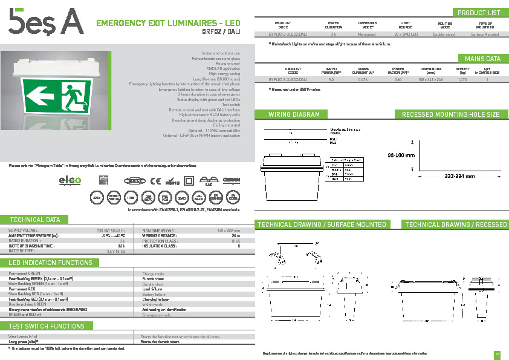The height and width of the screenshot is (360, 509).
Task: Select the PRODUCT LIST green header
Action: pos(479,13)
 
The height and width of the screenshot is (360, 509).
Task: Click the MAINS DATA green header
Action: pos(482,59)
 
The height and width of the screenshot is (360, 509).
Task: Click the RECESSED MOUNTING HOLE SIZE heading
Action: pos(450,114)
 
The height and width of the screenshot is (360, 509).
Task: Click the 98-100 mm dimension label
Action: pos(400,155)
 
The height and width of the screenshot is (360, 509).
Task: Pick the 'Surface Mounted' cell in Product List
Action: pos(485,34)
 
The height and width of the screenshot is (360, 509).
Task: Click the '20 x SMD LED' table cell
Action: pos(406,34)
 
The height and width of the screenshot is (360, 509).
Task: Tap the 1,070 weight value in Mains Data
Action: pos(462,80)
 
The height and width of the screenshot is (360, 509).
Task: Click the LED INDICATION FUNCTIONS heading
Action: pos(51,263)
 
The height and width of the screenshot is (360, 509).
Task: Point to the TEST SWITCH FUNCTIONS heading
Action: pos(47,326)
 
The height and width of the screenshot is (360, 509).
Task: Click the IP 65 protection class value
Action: pos(235,241)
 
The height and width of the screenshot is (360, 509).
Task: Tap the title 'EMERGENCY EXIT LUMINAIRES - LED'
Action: pos(168,24)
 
